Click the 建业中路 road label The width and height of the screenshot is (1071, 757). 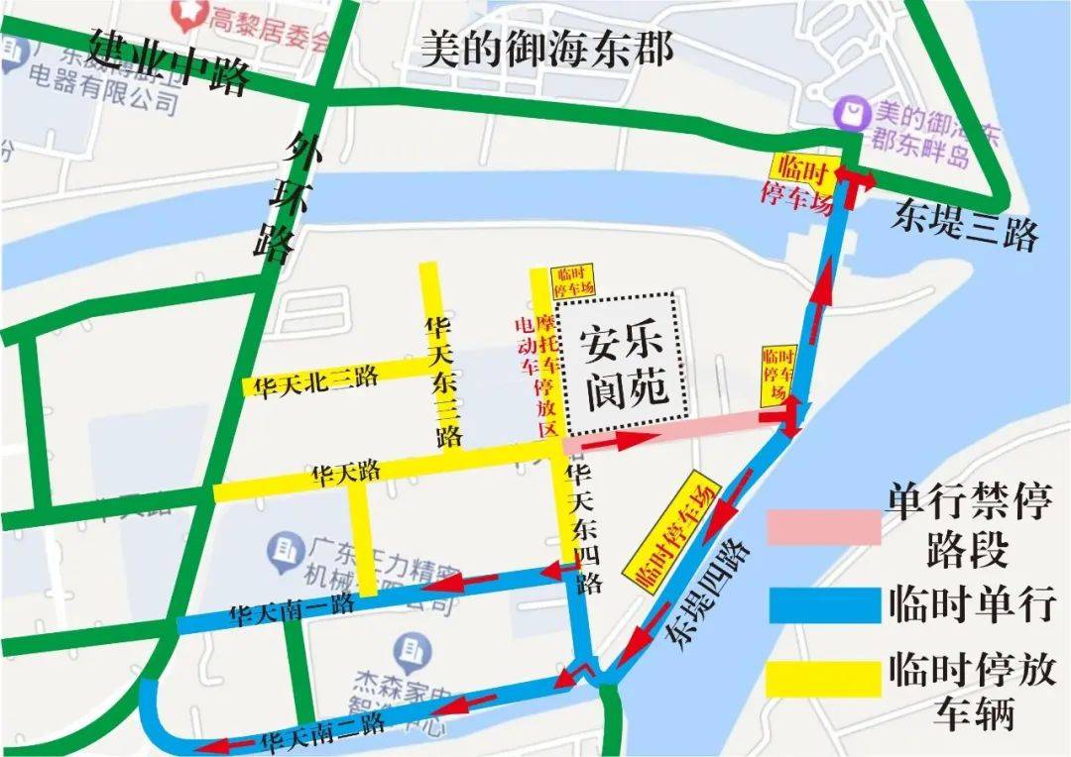point(168,61)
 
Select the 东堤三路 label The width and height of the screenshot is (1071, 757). point(963,225)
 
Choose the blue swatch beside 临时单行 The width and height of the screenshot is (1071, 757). point(823,604)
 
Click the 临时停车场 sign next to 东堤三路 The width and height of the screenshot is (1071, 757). point(800,178)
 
